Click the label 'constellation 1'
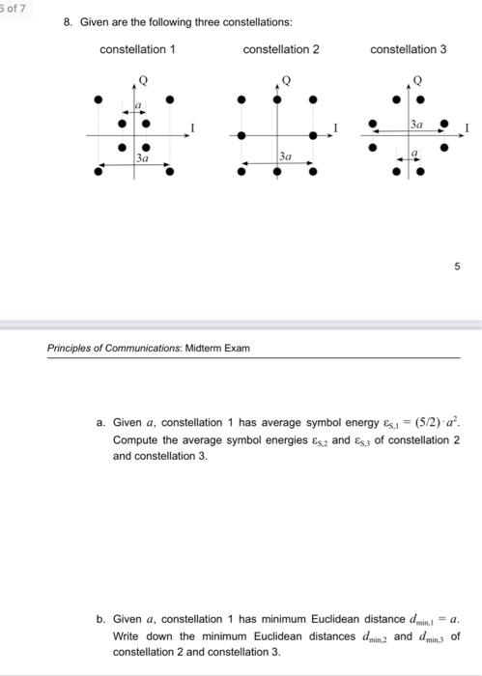pyautogui.click(x=138, y=49)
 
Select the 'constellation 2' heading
pyautogui.click(x=281, y=49)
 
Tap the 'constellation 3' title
pyautogui.click(x=408, y=49)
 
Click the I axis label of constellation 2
pyautogui.click(x=336, y=127)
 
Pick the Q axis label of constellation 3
pyautogui.click(x=418, y=78)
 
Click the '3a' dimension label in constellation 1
pyautogui.click(x=142, y=156)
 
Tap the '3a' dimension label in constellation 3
pyautogui.click(x=416, y=125)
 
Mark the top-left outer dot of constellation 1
pyautogui.click(x=98, y=99)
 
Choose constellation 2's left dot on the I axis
pyautogui.click(x=241, y=135)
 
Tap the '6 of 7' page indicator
pyautogui.click(x=16, y=7)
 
